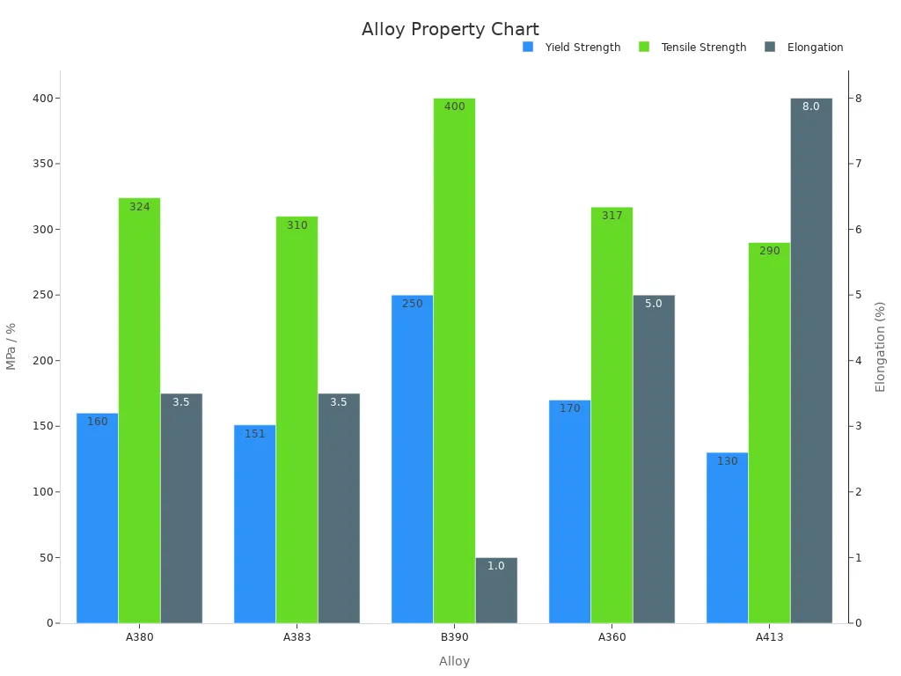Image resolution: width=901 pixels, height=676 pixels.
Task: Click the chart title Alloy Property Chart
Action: [450, 29]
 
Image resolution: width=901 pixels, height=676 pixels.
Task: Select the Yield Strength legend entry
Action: [582, 48]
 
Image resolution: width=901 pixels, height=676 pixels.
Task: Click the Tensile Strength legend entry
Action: [703, 48]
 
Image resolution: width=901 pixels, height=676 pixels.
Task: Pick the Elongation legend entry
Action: [815, 48]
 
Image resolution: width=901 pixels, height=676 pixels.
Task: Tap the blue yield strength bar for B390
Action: [412, 458]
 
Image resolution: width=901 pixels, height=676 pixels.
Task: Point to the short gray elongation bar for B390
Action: [496, 590]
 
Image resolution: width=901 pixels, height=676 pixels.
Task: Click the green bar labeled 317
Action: [612, 414]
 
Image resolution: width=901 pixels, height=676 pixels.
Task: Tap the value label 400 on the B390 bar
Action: [454, 107]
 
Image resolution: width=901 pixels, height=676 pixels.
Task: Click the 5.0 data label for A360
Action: [654, 304]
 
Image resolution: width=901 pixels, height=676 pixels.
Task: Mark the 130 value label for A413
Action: [727, 461]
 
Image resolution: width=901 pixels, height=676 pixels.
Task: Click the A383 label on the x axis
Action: [297, 637]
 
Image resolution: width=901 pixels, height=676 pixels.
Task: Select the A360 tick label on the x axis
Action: [612, 637]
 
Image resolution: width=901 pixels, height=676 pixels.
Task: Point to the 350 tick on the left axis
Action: [40, 164]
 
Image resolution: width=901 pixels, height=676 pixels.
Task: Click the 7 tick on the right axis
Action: [859, 164]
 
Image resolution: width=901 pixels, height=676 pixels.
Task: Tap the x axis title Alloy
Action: [454, 661]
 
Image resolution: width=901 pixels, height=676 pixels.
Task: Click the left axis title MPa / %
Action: [11, 346]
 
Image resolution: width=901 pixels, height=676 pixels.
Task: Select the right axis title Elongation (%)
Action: [880, 346]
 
